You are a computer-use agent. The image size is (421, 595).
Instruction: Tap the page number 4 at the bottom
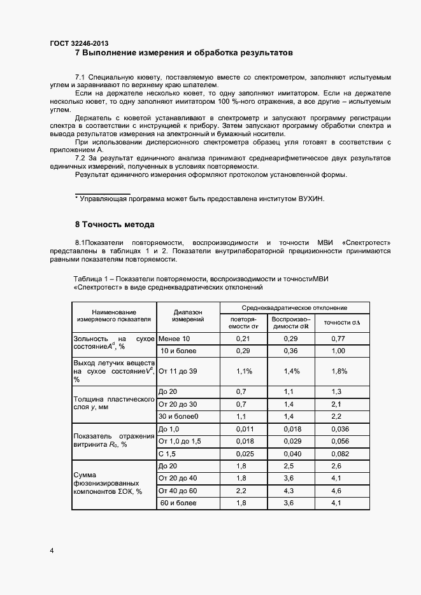(52, 550)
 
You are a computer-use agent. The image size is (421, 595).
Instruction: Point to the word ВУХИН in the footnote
(311, 199)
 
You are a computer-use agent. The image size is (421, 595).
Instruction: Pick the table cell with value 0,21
(241, 339)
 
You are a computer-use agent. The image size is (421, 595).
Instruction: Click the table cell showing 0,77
(338, 339)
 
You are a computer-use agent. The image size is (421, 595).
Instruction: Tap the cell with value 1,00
(338, 351)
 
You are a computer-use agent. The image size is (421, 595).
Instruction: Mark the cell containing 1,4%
(290, 370)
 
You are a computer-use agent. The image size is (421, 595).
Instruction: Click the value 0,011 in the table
(241, 430)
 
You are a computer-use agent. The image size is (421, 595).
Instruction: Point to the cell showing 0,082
(338, 454)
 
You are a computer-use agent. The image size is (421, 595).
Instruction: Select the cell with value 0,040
(290, 454)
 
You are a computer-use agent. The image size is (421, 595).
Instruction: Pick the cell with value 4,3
(290, 491)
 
